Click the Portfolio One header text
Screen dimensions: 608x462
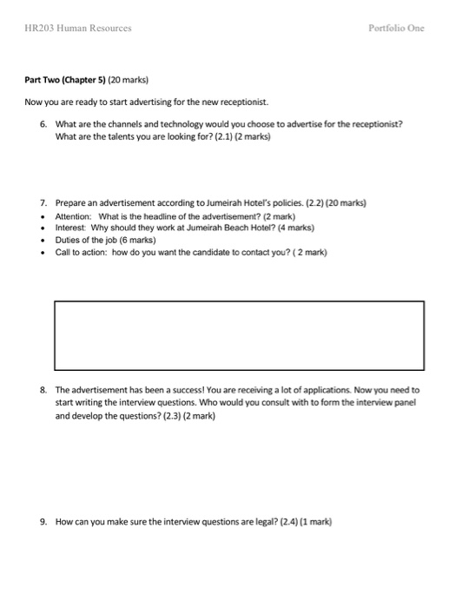tap(397, 28)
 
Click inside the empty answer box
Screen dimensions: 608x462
tap(239, 334)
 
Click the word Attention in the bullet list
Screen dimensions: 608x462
tap(74, 215)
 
